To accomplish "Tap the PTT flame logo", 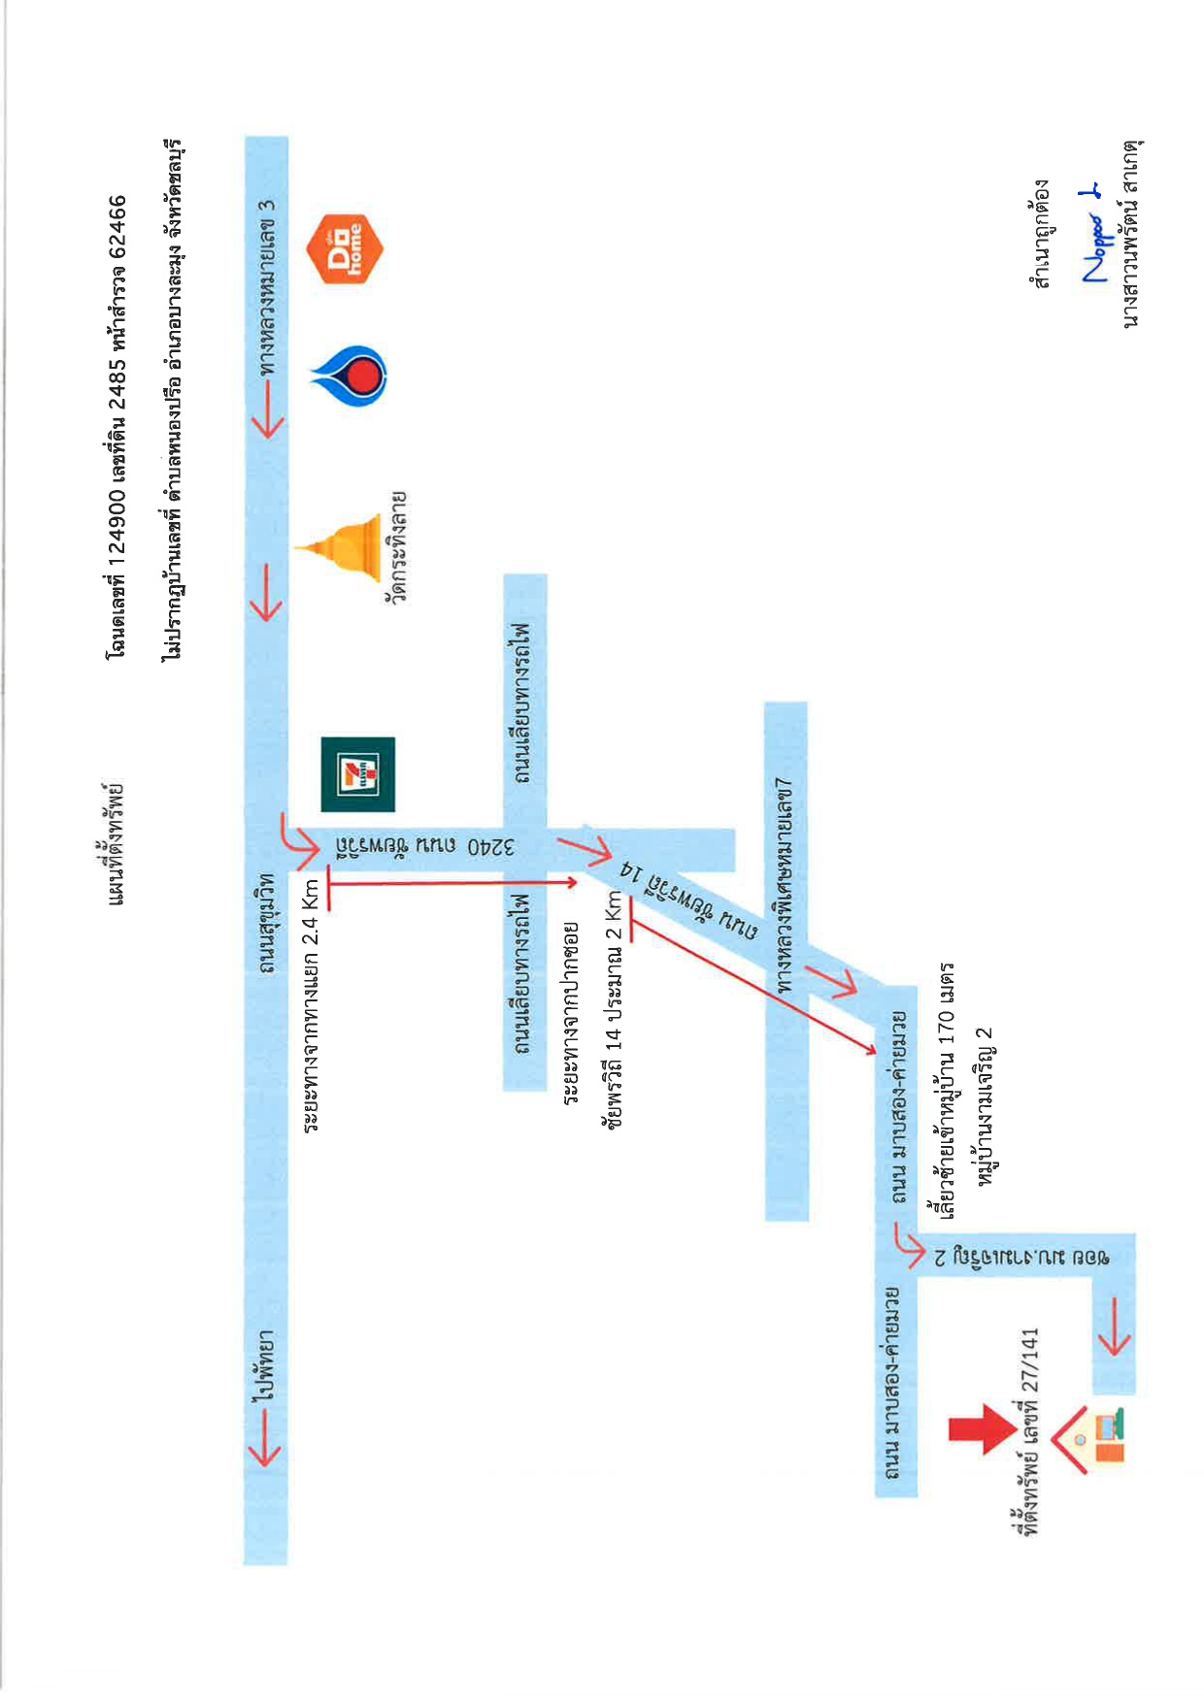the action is coord(350,375).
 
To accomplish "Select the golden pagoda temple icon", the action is coord(339,548).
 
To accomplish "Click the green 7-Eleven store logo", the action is coord(357,774).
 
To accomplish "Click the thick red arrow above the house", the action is coord(983,1429).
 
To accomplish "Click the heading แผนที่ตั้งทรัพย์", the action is coord(117,843).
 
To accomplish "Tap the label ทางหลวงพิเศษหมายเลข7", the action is coord(785,884).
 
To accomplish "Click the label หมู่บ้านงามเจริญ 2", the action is coord(987,1105).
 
